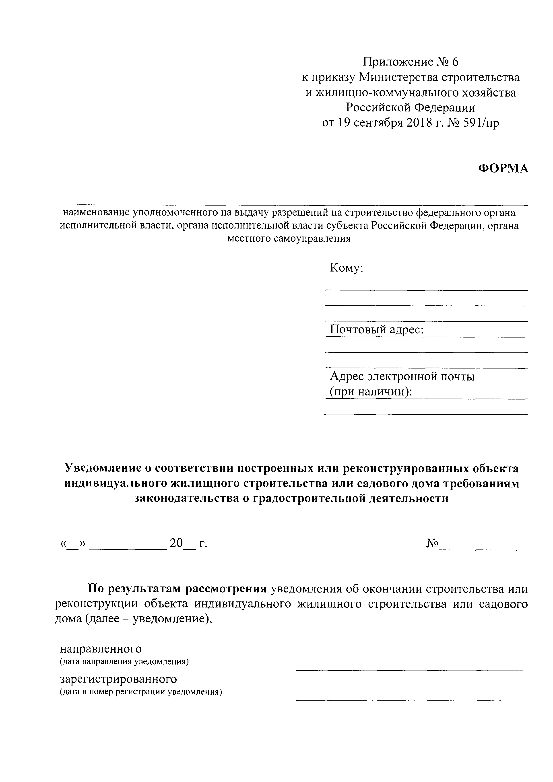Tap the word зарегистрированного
point(118,679)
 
